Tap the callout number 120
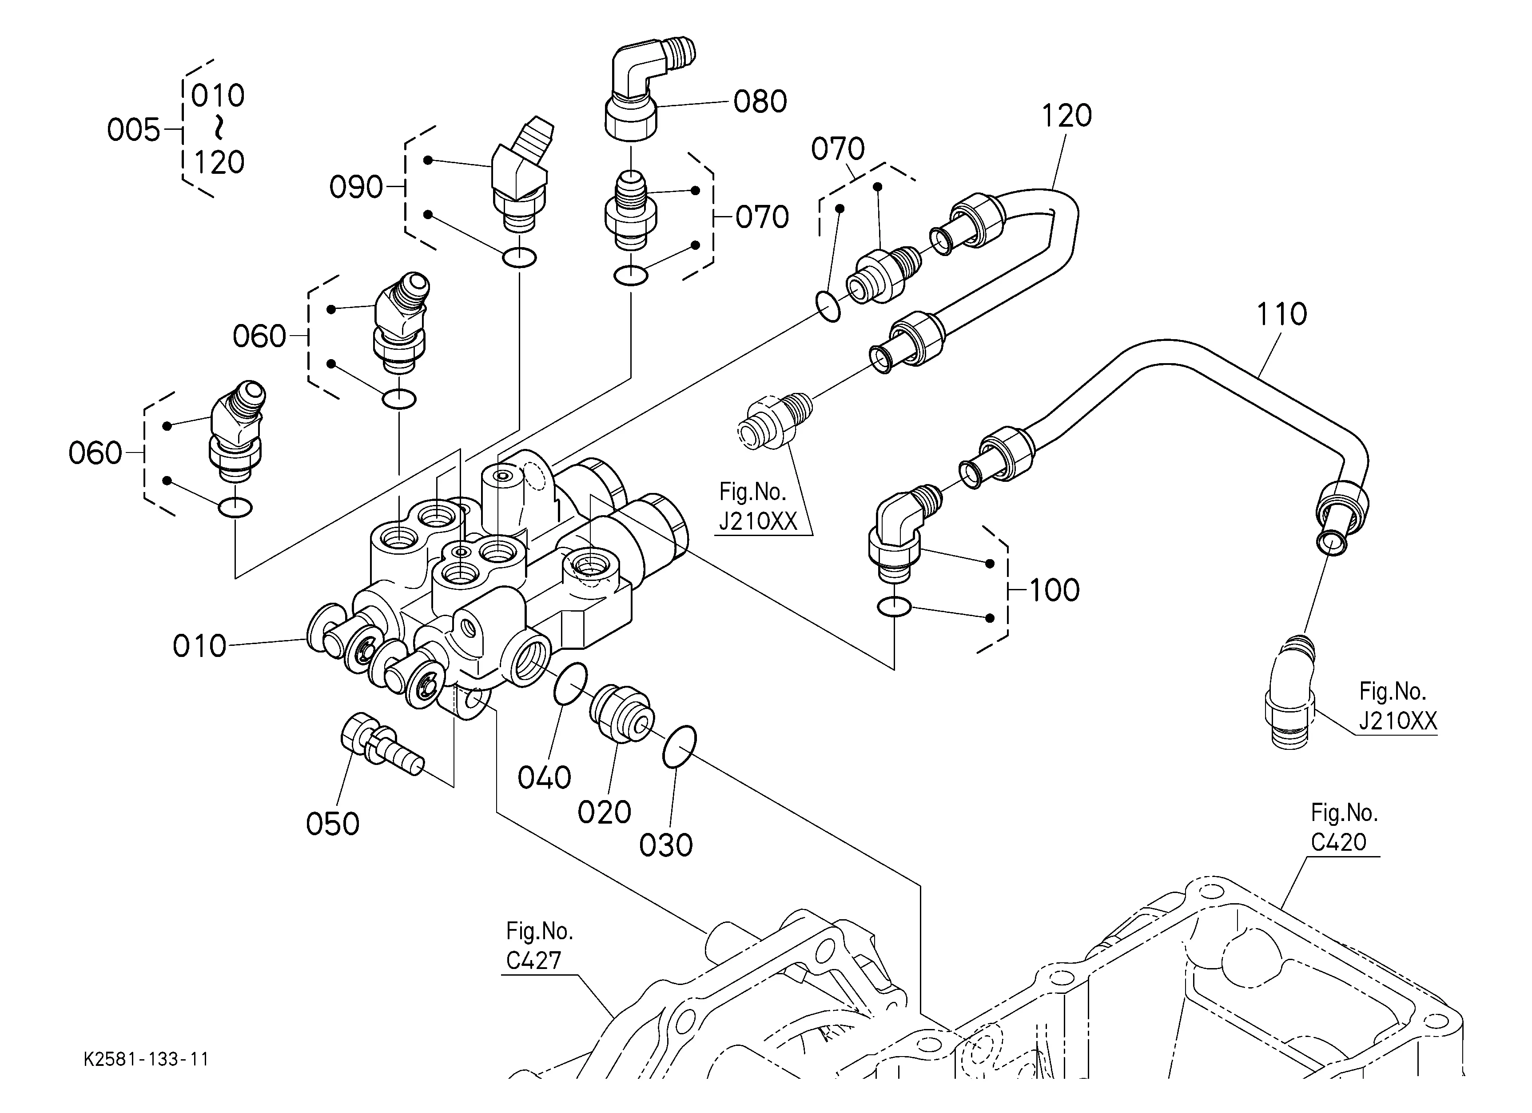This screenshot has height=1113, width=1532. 1066,116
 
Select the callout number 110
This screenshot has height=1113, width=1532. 1281,314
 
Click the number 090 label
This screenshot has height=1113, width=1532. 356,187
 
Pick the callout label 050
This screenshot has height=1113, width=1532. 332,824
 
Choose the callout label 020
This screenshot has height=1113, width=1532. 604,812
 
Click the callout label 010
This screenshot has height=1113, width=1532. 199,646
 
